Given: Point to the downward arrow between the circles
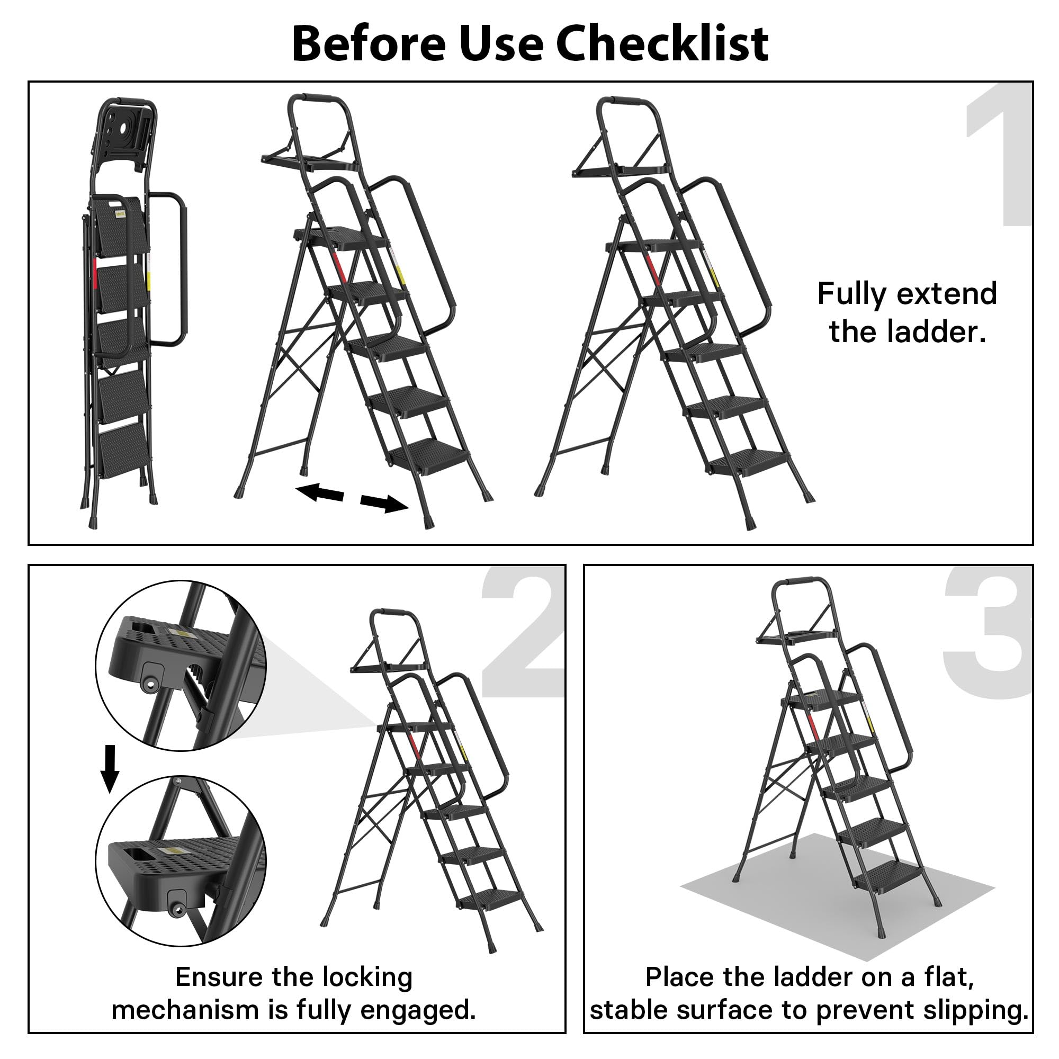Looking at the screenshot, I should (110, 768).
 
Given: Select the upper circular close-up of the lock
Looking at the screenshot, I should (181, 666).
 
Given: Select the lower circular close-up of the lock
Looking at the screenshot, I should (181, 860).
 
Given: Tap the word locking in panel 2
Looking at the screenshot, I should (367, 977).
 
